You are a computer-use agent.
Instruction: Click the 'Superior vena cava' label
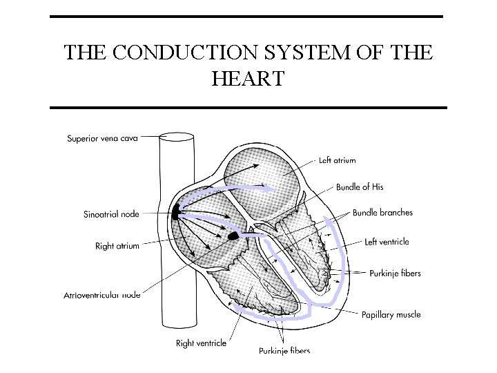coord(102,138)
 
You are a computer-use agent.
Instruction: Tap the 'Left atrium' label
coord(337,160)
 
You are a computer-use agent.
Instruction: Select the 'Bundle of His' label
coord(360,186)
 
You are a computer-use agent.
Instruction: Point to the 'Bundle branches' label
coord(382,213)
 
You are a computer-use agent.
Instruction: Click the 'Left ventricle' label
coord(387,242)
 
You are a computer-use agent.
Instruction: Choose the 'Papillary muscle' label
coord(391,315)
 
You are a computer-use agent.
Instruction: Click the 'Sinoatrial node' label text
coord(111,214)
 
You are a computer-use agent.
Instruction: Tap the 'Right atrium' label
coord(117,246)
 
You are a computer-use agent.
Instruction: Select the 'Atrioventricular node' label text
coord(102,295)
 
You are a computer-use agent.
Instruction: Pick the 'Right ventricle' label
coord(201,343)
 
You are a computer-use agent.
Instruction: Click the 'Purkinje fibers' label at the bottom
coord(284,351)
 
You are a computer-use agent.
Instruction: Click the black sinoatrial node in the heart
coord(175,212)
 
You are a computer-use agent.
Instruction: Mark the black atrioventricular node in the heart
coord(233,236)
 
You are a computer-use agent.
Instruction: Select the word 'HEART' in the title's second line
coord(248,79)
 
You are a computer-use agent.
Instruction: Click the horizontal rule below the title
coord(248,108)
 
